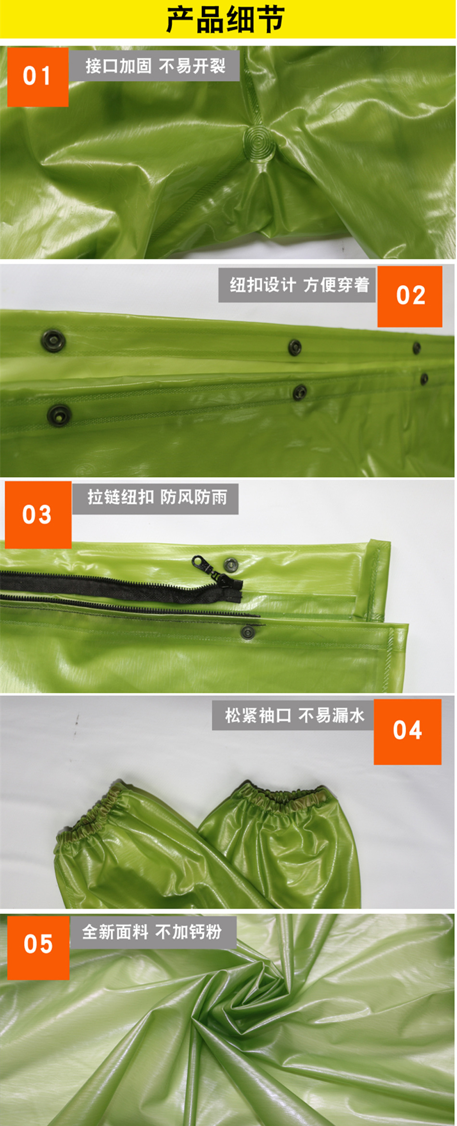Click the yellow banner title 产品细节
[225, 19]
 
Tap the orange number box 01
[38, 77]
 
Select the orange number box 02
[410, 296]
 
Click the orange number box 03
[38, 514]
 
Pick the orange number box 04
[407, 731]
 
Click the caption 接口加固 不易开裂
[155, 66]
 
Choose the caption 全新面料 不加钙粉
[152, 932]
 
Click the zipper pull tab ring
[198, 562]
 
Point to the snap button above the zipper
[231, 563]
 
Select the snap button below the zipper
[247, 632]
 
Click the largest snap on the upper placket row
[53, 340]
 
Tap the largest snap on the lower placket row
[59, 414]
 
